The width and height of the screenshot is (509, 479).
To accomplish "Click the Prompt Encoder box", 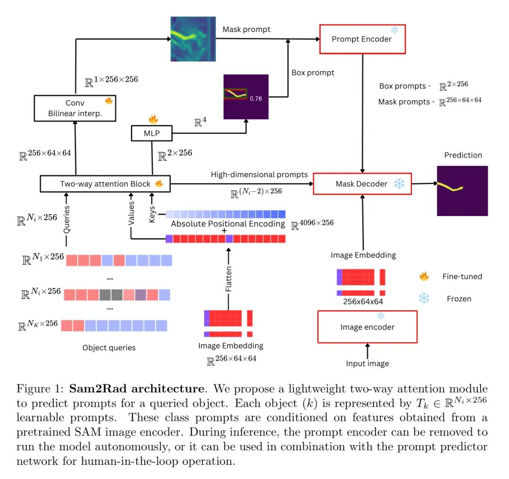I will [x=361, y=39].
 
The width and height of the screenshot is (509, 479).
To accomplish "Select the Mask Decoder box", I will [x=361, y=183].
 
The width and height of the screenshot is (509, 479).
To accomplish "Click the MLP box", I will [x=152, y=133].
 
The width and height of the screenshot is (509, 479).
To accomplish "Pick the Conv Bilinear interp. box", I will [x=75, y=107].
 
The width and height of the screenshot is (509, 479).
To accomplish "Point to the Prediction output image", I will [x=455, y=190].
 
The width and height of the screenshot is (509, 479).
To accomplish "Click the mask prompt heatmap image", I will [x=192, y=40].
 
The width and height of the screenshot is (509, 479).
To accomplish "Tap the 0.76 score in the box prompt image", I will [x=255, y=99].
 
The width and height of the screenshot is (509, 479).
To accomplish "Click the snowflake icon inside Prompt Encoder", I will [x=394, y=30].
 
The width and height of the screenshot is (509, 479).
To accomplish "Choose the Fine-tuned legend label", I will [x=462, y=277].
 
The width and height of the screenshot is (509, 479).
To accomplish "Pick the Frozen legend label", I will [x=460, y=298].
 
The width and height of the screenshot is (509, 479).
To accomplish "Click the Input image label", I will [x=367, y=363].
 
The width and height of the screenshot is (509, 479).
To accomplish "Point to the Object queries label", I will [x=109, y=348].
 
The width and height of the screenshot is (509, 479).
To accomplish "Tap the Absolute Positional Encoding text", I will [x=228, y=224].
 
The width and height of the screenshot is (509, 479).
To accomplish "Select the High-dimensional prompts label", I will [x=259, y=174].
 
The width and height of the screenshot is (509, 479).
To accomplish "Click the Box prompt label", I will [x=312, y=73].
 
